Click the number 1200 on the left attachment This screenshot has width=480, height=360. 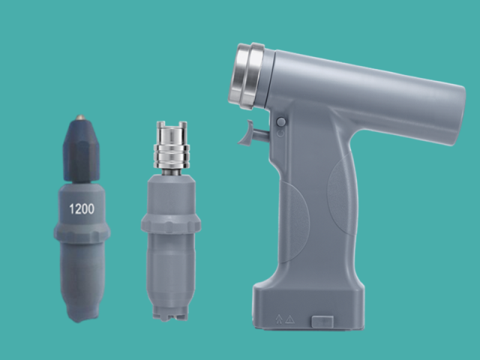click(82, 209)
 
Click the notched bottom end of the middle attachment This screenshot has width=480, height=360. click(170, 311)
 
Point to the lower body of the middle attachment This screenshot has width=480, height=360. click(170, 266)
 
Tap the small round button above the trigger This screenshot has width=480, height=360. click(280, 121)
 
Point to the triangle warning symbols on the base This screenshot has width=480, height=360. click(283, 318)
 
